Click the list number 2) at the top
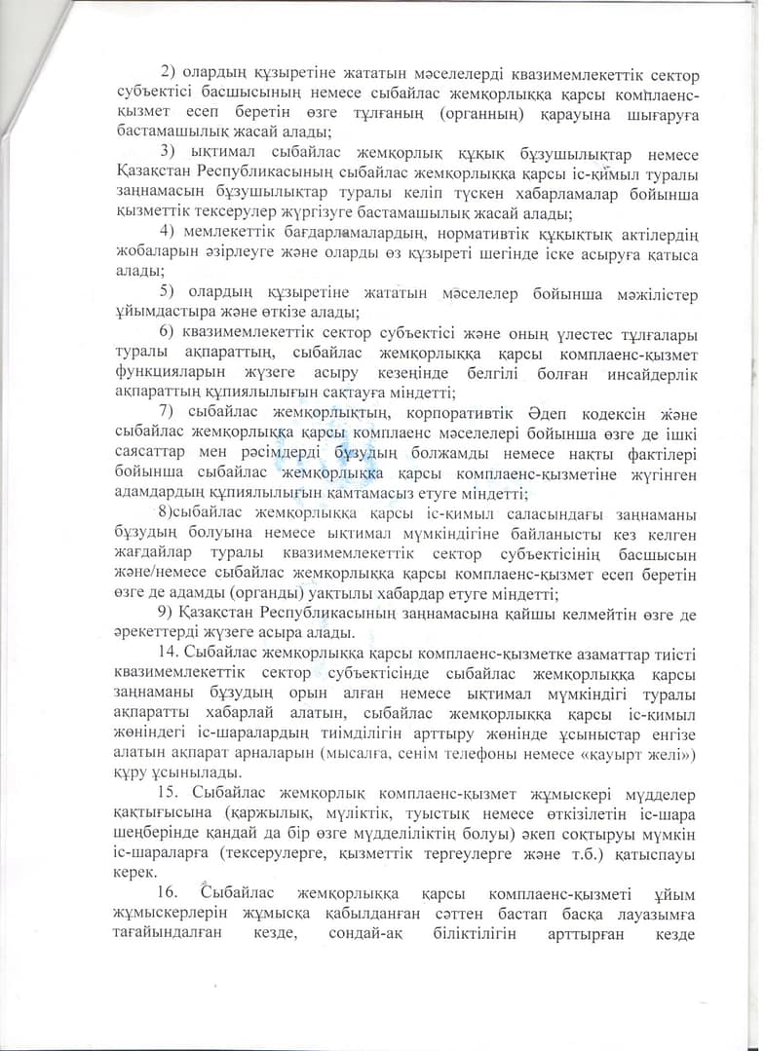(x=167, y=75)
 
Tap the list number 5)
(x=167, y=293)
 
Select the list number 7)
(x=167, y=411)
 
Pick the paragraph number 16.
(x=169, y=893)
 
